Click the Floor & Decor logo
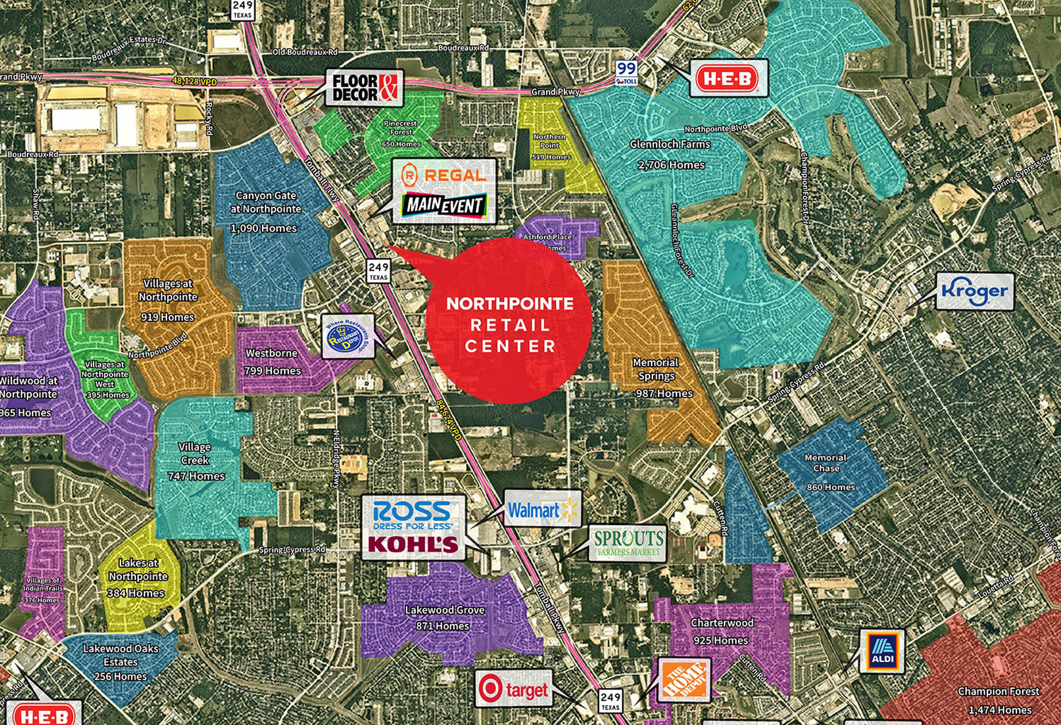365,88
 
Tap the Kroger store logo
975,291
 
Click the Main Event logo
444,205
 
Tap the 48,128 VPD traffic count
194,81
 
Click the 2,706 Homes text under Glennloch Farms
671,165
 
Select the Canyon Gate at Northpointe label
265,202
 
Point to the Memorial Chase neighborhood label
825,463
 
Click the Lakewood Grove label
444,610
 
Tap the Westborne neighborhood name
271,353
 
